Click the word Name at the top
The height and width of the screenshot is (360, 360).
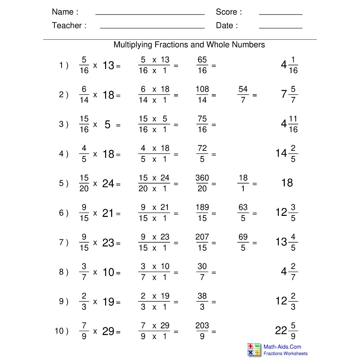(63, 12)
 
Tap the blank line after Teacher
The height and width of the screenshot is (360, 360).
(152, 27)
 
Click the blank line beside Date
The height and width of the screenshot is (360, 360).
(281, 27)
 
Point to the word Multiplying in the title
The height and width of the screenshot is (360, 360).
(133, 45)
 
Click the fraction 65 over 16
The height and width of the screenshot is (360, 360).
(202, 65)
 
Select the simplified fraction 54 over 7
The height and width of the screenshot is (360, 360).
(243, 95)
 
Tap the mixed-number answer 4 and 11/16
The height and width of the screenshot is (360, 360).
(289, 124)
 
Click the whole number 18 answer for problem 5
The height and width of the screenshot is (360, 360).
(287, 183)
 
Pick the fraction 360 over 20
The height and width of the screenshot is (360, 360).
(202, 183)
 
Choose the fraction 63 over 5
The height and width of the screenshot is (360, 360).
(243, 213)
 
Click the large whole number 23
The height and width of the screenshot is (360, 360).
(108, 243)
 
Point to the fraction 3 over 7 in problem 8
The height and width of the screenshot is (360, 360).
(84, 272)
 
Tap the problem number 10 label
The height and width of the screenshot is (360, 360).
(60, 331)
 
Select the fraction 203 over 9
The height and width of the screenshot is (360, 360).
(202, 331)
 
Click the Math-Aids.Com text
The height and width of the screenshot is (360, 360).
(282, 347)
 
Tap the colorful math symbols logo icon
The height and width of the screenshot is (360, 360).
(254, 350)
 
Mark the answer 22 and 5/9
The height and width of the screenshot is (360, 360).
(287, 331)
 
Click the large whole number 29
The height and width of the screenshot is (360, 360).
(108, 332)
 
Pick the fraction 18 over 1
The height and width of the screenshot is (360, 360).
(243, 183)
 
